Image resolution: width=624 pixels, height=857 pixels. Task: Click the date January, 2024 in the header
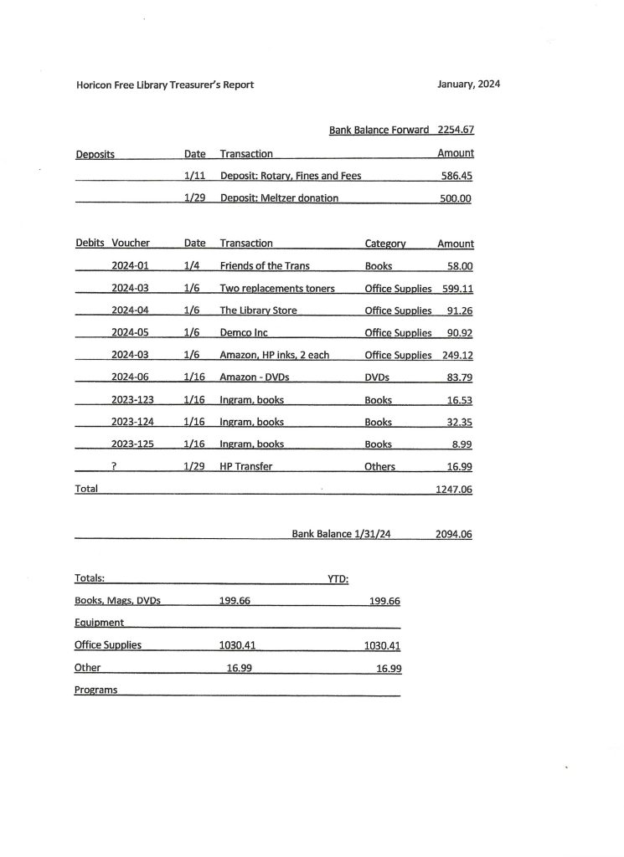point(468,85)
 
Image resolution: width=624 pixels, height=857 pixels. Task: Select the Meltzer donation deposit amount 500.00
point(456,198)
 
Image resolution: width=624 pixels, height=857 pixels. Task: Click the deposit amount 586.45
point(456,177)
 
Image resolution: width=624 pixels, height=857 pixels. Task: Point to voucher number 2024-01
point(129,265)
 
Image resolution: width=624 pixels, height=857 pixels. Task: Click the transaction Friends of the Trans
point(264,265)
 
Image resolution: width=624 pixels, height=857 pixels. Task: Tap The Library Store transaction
point(258,310)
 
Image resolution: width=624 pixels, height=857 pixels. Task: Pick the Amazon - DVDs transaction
point(254,377)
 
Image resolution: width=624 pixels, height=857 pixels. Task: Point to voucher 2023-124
point(132,422)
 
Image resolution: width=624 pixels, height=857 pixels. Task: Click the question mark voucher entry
point(112,466)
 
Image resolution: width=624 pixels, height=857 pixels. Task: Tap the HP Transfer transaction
point(245,466)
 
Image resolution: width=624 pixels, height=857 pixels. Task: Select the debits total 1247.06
point(453,489)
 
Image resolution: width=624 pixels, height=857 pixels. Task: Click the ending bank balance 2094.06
point(453,534)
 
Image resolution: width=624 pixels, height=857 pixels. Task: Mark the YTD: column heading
point(338,578)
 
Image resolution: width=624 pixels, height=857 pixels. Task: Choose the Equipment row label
point(99,623)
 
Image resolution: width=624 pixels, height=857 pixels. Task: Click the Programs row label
point(95,690)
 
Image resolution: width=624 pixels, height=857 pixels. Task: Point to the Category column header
point(385,244)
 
